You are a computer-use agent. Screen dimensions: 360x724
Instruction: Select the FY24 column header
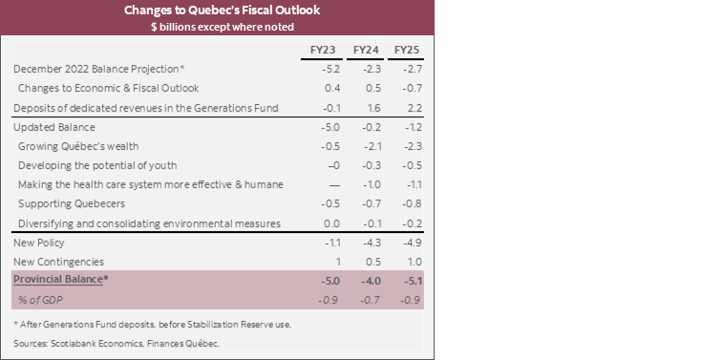pyautogui.click(x=367, y=49)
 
